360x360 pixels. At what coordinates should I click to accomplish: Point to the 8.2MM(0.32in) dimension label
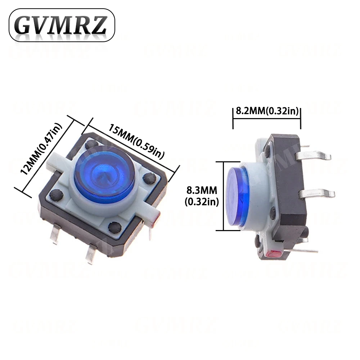pyautogui.click(x=267, y=111)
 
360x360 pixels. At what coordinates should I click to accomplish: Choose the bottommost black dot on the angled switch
pyautogui.click(x=115, y=227)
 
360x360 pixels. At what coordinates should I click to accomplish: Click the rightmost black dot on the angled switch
pyautogui.click(x=148, y=177)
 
